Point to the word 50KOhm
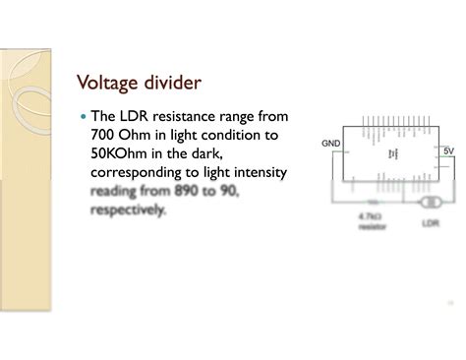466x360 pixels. click(x=123, y=153)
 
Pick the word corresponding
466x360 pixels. click(x=141, y=172)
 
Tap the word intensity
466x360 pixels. click(x=255, y=172)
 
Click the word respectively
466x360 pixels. click(x=128, y=209)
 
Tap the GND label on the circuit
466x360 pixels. click(x=330, y=144)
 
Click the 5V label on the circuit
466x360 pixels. click(x=447, y=150)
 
